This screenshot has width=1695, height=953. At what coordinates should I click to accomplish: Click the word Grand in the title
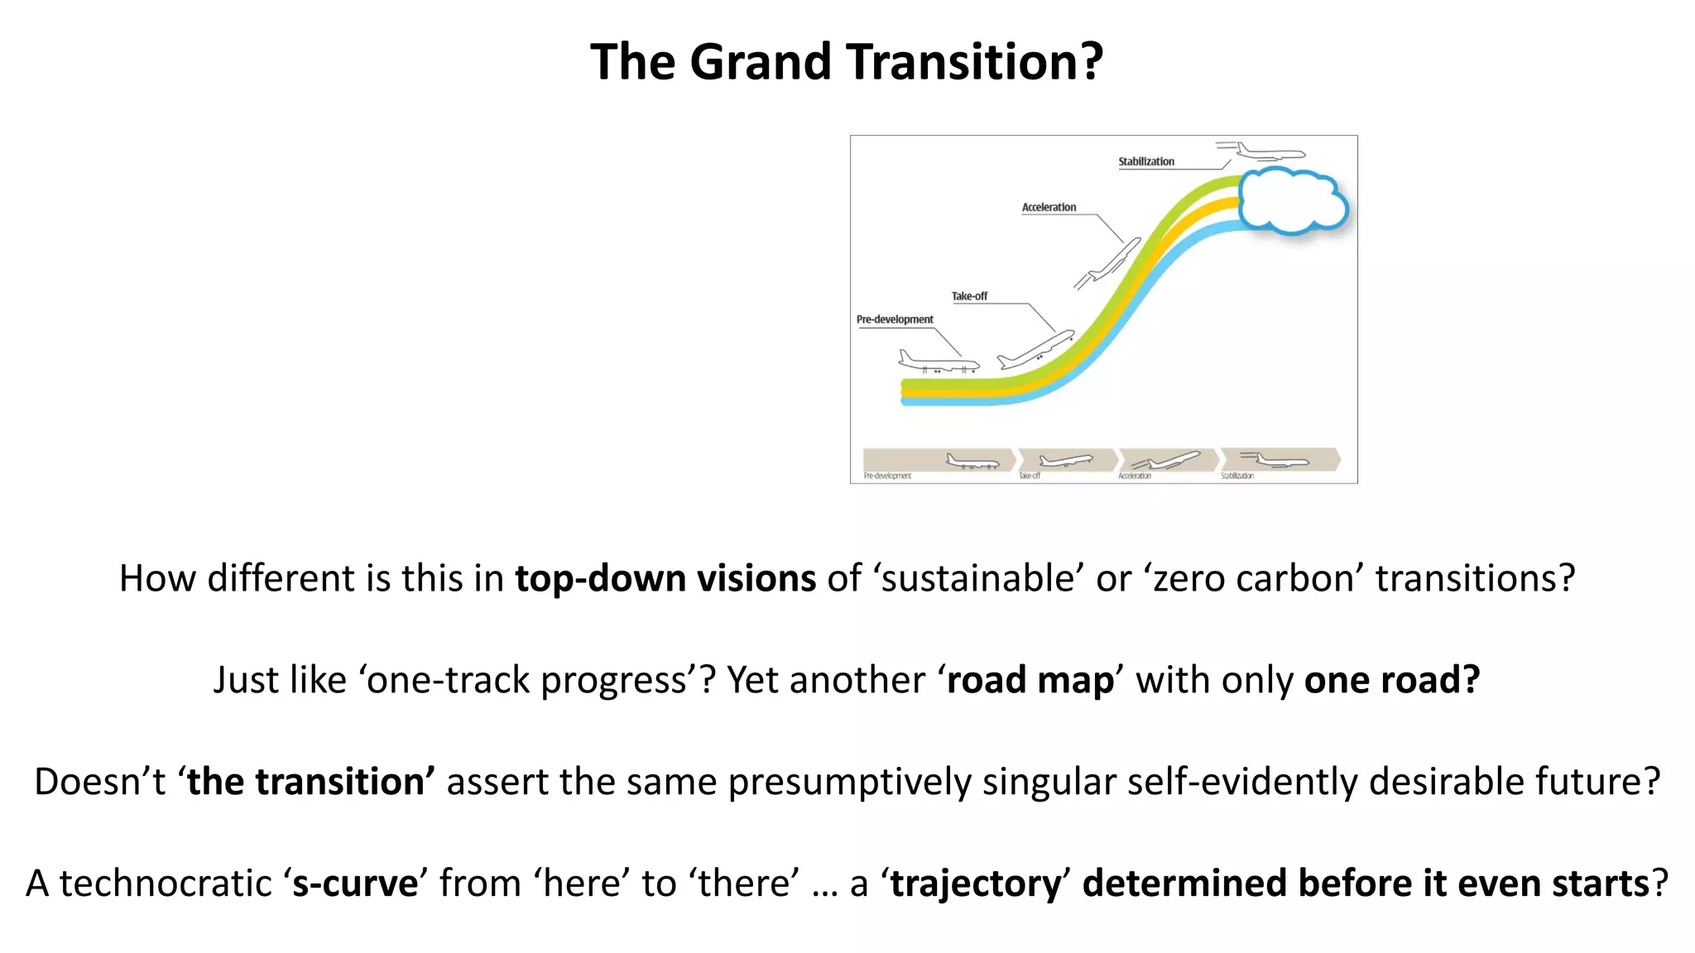[760, 62]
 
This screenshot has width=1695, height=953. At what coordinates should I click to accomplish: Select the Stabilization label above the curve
[1145, 161]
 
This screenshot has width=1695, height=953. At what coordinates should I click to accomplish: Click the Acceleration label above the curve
[1049, 207]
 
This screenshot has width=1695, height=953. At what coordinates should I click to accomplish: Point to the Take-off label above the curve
[969, 296]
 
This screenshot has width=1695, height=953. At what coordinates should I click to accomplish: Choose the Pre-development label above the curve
[895, 319]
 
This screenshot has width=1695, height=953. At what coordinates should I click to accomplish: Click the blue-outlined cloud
[1292, 200]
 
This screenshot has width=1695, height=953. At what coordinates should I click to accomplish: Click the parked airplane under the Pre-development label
[938, 362]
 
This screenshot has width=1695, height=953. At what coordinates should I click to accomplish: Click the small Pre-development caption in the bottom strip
[887, 476]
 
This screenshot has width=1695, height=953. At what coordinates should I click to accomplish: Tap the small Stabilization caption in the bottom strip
[1237, 476]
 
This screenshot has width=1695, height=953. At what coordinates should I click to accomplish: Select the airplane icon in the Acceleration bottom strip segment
[1167, 460]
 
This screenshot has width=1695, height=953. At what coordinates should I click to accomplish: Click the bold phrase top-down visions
[665, 578]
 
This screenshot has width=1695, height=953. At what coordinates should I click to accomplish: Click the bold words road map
[1030, 680]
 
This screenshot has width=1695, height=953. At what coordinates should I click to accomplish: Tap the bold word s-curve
[356, 884]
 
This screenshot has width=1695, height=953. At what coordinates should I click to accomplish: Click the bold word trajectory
[975, 884]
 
